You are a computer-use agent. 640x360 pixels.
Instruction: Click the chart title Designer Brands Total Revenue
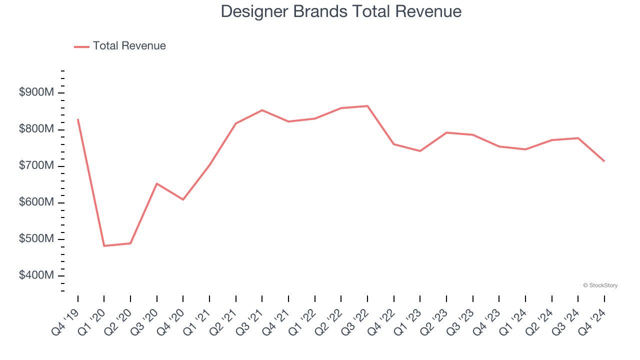coord(341,11)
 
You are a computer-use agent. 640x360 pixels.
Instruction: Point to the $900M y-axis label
coord(35,92)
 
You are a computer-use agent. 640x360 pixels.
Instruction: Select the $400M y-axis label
coord(35,275)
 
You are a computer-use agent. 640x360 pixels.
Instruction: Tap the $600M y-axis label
coord(35,202)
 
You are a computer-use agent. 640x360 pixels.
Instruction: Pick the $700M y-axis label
coord(35,165)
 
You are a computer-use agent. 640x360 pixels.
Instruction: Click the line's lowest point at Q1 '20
coord(104,246)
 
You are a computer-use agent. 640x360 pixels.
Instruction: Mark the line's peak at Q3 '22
coord(367,106)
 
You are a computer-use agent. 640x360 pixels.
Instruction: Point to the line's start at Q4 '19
coord(78,119)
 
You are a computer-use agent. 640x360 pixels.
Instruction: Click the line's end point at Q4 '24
coord(604,161)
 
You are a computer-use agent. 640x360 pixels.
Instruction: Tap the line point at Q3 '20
coord(157,183)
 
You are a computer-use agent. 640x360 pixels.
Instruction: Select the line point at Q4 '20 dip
coord(183,199)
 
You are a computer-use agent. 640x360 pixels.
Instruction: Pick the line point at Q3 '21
coord(262,110)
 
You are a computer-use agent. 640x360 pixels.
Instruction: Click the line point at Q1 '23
coord(420,151)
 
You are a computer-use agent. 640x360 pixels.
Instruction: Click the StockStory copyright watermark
coord(600,285)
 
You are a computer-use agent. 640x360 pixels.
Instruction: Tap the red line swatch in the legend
coord(81,46)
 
